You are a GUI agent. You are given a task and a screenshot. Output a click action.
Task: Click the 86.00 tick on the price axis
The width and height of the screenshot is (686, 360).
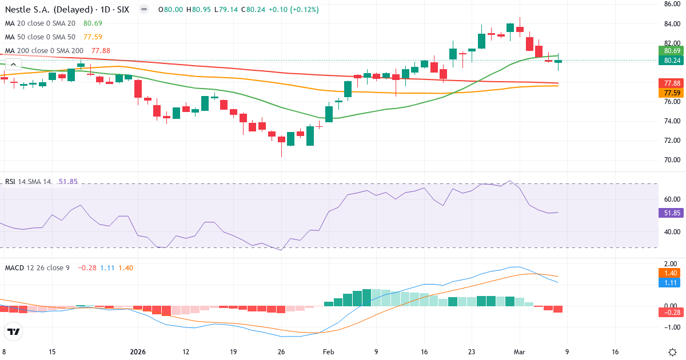(671, 4)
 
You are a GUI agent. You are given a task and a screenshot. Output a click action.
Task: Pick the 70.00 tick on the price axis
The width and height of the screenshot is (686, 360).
(671, 160)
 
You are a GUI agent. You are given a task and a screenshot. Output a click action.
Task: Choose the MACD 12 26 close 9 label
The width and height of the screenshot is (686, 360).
(37, 267)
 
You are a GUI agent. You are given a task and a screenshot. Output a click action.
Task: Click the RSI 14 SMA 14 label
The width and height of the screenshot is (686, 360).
(28, 182)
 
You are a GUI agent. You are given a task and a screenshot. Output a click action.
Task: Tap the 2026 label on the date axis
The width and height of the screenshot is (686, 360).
(138, 352)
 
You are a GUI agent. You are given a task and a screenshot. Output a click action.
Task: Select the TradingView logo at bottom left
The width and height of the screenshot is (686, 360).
(14, 331)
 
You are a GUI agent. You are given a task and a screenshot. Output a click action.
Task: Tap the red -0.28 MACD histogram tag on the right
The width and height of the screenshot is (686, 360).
(671, 313)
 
